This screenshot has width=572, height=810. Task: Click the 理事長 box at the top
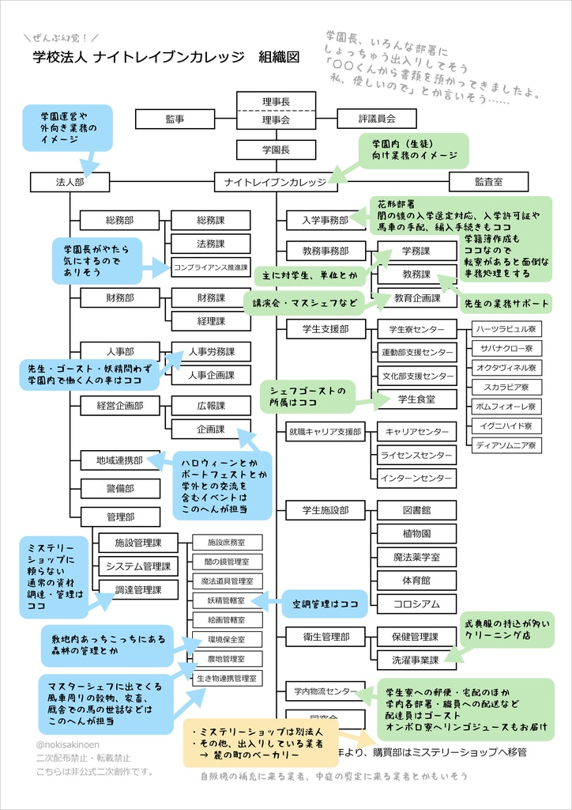coord(276,101)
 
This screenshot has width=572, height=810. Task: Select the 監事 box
coord(175,119)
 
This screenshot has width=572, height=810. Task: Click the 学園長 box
coord(276,150)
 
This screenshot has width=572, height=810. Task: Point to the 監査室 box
coord(488,182)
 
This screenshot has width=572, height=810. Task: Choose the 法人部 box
coord(70,182)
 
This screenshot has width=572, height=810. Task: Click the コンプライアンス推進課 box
coord(211,267)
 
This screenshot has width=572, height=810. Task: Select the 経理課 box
coord(211,321)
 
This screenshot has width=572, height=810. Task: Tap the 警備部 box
coord(120,489)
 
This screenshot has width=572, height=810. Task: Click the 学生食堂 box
coord(416,399)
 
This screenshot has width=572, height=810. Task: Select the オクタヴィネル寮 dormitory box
coord(506,368)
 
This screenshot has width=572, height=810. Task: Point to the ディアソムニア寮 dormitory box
coord(506,445)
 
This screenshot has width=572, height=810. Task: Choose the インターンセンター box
coord(416,479)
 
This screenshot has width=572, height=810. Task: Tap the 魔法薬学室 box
coord(416,557)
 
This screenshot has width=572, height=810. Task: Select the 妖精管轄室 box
coord(227,600)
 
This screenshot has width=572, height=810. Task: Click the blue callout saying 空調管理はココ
coord(324,604)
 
